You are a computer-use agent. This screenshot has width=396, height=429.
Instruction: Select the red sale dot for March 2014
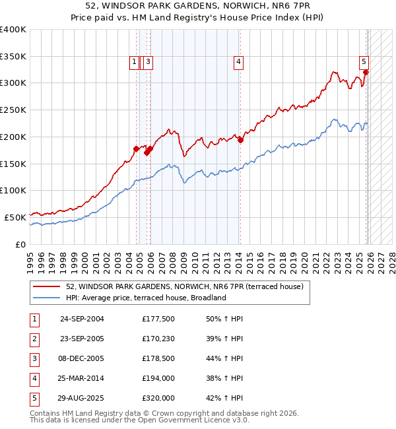click(241, 140)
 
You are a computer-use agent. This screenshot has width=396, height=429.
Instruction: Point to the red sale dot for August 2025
click(366, 73)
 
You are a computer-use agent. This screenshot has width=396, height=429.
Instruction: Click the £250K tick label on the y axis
click(13, 110)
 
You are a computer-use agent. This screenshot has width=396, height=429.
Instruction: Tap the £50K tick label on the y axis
click(16, 217)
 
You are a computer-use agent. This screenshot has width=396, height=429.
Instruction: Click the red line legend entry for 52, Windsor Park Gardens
click(184, 287)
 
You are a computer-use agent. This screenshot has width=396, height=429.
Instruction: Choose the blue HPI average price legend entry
click(146, 298)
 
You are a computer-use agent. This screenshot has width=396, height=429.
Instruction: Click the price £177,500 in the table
click(158, 319)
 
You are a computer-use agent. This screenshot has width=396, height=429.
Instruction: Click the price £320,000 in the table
click(158, 398)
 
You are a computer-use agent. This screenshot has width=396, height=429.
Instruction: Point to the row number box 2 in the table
click(34, 339)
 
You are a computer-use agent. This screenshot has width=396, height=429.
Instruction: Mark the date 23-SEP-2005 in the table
click(82, 339)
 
